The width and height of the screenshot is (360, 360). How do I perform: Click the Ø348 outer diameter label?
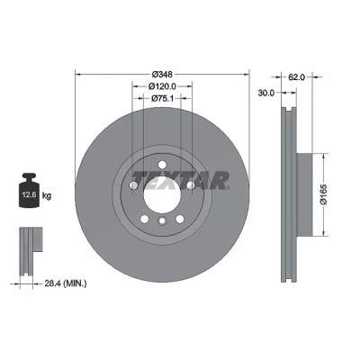coord(162,74)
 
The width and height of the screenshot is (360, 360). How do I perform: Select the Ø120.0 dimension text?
coord(162,86)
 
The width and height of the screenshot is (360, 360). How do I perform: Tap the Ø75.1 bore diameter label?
coord(162,98)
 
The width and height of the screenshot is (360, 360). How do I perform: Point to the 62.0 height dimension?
coord(296,77)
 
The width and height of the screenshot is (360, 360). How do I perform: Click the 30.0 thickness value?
coord(266,93)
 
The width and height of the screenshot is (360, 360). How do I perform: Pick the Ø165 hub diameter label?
coord(324,194)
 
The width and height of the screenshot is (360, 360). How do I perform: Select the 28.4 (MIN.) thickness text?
coord(66,283)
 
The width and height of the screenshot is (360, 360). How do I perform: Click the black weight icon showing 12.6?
coord(29,190)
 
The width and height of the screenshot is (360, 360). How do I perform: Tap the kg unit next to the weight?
coord(47,196)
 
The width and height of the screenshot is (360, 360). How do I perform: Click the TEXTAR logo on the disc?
coord(181,181)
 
